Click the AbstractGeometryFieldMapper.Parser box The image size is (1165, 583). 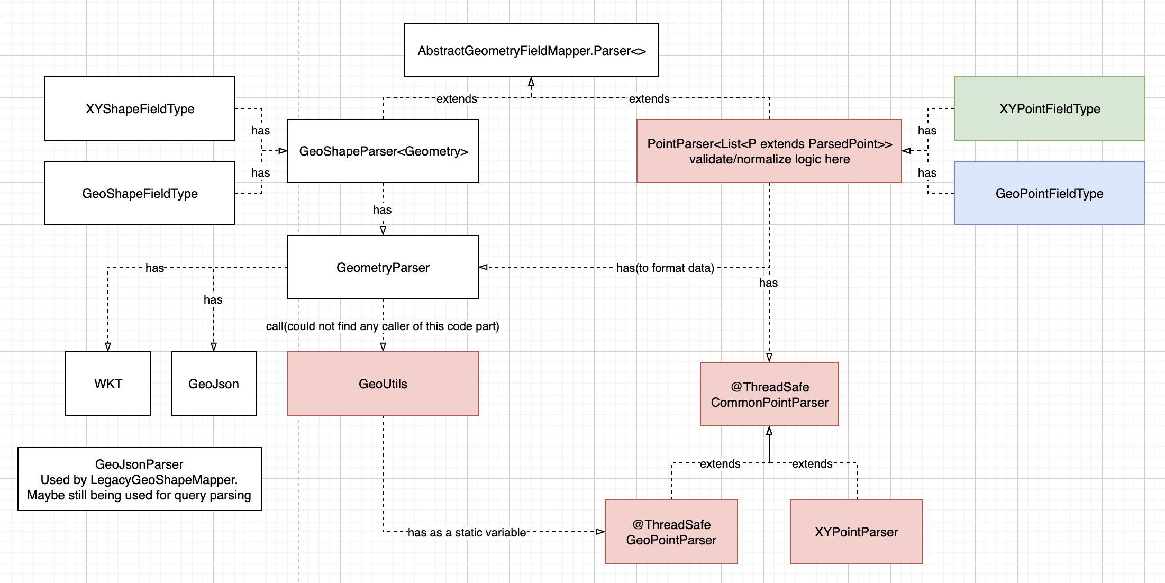point(531,50)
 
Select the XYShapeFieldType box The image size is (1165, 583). point(140,108)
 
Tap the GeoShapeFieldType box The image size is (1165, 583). point(140,193)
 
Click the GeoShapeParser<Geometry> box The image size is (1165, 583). point(383,151)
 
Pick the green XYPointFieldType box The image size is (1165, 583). point(1049,108)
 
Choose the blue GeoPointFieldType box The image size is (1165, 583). point(1049,193)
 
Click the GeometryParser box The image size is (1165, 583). point(383,267)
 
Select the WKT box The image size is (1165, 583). point(108,384)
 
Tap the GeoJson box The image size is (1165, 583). point(214,384)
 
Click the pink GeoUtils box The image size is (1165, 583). point(383,384)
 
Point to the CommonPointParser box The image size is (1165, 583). point(769,395)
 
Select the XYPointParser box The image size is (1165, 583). point(856,532)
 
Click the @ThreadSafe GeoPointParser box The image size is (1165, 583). point(671,532)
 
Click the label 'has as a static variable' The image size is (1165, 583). point(467,532)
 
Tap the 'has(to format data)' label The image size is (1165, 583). point(665,268)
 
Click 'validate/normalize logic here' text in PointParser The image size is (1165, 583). point(769,159)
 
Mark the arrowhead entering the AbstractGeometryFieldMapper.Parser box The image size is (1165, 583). point(531,81)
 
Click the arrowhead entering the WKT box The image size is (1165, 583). point(108,347)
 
